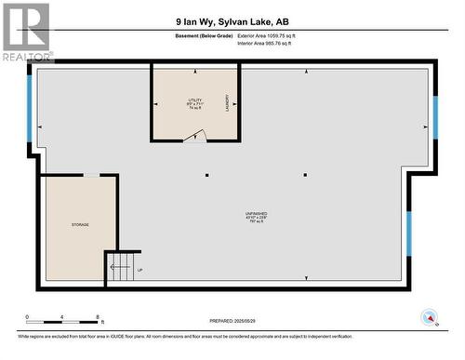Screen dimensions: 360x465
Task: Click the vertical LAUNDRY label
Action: pos(226,103)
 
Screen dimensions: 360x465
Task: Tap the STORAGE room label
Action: pos(80,225)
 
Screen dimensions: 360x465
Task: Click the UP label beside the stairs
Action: pos(139,270)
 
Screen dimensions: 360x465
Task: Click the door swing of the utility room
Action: pos(194,136)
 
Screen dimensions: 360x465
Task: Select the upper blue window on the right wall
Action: pos(434,116)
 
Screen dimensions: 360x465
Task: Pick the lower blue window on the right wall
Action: pos(407,233)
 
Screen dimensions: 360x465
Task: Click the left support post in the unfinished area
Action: pos(207,174)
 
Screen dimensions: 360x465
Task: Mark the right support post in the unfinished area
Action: pos(305,174)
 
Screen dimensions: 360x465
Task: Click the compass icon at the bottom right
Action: pos(428,315)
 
